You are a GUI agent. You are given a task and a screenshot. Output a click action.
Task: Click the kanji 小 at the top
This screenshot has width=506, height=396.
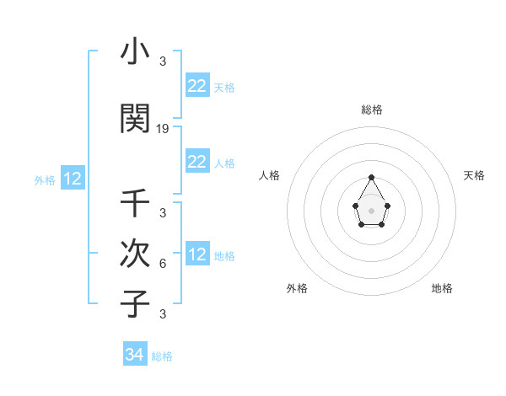(x=135, y=52)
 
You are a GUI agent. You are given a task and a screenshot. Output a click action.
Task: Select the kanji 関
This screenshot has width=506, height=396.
(x=135, y=119)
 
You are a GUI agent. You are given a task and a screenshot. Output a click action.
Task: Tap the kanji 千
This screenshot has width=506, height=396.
(x=135, y=205)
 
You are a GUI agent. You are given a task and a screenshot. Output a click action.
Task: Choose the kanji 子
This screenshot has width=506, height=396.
(x=135, y=303)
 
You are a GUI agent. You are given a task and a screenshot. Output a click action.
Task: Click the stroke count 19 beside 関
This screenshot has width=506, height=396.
(x=163, y=129)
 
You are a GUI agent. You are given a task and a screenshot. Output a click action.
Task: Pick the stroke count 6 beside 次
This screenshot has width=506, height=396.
(x=163, y=263)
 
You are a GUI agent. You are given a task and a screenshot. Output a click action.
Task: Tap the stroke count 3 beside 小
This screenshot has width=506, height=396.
(x=163, y=62)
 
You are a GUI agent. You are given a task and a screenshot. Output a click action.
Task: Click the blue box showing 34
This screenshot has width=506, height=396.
(x=135, y=355)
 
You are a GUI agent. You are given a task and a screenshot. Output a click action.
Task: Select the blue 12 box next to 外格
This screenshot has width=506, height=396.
(x=72, y=179)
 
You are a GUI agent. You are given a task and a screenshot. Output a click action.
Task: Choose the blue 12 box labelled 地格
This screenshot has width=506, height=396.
(x=196, y=254)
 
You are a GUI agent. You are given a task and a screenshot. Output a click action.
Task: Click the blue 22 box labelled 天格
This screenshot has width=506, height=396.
(x=196, y=86)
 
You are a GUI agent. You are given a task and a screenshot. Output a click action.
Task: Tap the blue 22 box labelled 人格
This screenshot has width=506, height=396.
(x=196, y=162)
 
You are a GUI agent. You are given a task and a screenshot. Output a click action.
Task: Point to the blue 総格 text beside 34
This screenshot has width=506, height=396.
(x=162, y=356)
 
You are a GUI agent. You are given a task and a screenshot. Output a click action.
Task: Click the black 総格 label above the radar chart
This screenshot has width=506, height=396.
(x=371, y=110)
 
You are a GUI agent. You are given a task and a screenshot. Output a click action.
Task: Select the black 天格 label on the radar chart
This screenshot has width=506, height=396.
(x=474, y=175)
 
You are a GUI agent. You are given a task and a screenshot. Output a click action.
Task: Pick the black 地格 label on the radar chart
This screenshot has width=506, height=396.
(x=442, y=288)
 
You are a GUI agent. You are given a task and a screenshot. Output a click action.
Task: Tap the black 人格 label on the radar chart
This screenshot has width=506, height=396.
(x=270, y=175)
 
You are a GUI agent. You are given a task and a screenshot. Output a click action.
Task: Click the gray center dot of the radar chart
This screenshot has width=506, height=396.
(x=371, y=209)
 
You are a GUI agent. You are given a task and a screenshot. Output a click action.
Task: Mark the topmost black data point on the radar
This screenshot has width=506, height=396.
(x=371, y=177)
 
